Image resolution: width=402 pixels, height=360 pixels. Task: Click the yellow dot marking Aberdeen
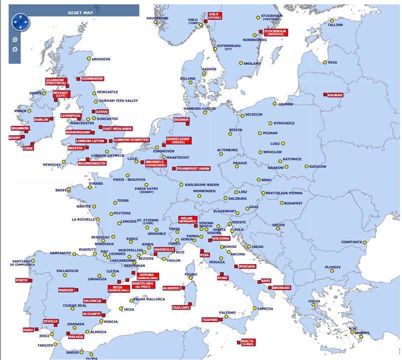89,59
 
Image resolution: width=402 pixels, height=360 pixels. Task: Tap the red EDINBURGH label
93,78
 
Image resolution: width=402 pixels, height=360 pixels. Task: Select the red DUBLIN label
42,119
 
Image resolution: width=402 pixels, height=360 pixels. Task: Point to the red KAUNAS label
334,95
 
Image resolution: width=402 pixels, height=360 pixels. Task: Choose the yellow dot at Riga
325,62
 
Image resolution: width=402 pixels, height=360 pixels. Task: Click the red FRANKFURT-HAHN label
193,168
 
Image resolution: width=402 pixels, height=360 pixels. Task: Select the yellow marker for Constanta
365,242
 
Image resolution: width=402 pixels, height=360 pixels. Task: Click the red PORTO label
22,280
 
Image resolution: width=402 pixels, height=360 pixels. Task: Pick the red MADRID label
66,290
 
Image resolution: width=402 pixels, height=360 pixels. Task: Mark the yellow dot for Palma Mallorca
131,300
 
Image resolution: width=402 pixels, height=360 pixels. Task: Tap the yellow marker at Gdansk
274,104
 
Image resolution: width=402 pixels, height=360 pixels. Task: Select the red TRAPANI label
210,319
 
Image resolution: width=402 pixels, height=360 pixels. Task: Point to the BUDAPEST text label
291,203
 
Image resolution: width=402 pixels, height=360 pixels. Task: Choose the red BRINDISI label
282,288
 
